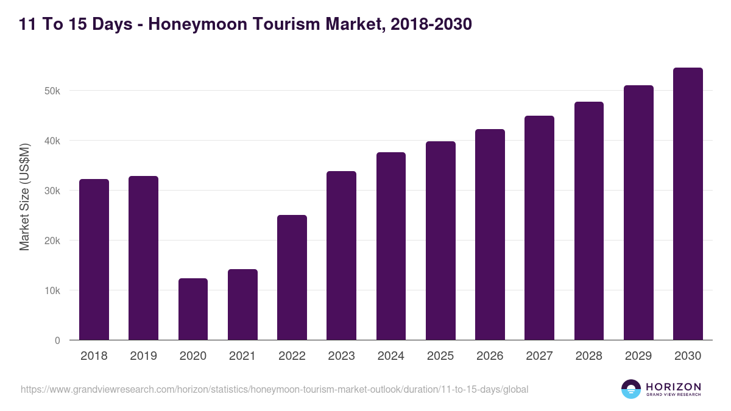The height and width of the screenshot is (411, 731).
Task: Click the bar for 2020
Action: [193, 309]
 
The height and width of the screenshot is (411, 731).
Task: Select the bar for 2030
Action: [688, 204]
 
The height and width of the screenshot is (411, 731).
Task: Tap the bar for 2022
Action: [292, 278]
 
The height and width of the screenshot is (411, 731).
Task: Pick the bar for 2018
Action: [94, 259]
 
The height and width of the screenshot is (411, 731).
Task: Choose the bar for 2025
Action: [440, 241]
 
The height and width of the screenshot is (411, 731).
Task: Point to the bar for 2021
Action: [242, 304]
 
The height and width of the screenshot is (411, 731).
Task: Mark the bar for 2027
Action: [539, 228]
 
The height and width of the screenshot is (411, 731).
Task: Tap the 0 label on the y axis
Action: [57, 340]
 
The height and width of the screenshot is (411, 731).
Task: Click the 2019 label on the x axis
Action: [143, 356]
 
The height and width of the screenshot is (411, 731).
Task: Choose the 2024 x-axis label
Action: [390, 356]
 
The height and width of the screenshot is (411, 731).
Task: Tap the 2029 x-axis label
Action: [638, 356]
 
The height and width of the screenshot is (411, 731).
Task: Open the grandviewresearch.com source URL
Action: [274, 389]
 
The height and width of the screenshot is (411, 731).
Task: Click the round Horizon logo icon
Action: [631, 389]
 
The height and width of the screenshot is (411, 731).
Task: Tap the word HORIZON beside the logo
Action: [673, 387]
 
